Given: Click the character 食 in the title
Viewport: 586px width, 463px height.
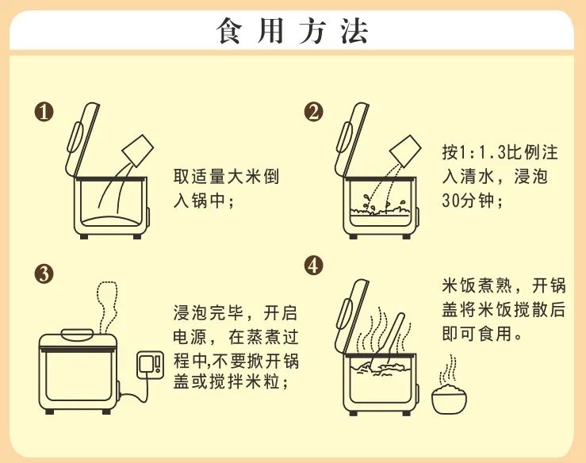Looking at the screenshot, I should tap(230, 32).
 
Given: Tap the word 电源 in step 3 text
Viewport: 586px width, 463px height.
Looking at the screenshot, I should tap(190, 338).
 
